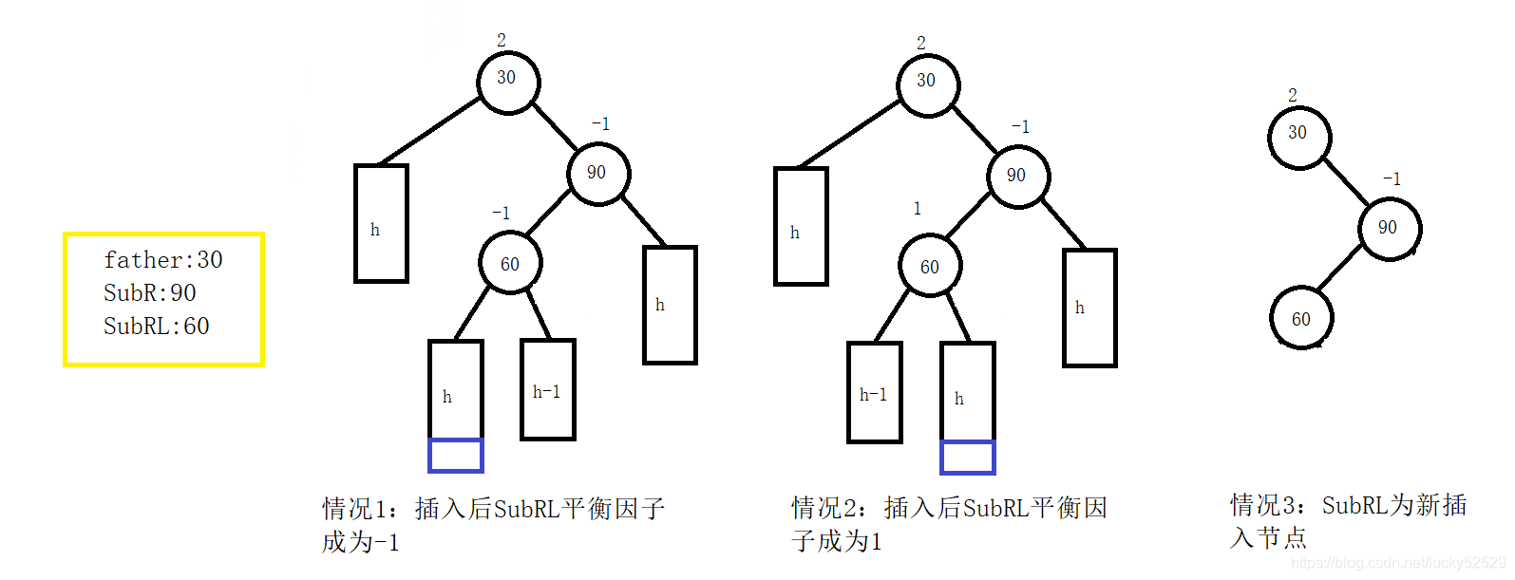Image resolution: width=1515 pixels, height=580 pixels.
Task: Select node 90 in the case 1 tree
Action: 597,173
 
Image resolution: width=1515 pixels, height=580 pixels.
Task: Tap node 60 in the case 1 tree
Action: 510,264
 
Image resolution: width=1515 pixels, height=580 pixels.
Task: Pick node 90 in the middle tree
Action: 1017,176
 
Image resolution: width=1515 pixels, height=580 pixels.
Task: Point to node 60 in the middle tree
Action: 930,267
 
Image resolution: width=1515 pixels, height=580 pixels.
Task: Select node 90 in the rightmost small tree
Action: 1389,228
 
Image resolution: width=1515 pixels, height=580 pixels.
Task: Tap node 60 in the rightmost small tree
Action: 1301,319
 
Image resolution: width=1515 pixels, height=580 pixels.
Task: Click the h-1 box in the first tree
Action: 548,390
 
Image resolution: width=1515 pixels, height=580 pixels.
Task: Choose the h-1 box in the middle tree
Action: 874,393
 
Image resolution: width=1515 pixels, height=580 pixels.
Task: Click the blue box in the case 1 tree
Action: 456,456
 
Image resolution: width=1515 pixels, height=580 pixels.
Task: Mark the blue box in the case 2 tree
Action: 967,458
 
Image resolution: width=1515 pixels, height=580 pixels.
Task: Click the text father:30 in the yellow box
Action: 163,260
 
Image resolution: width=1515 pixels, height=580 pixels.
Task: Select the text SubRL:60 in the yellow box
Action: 157,327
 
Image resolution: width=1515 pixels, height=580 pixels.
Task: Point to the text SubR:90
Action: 150,293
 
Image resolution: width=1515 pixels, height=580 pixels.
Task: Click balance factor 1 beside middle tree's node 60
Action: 917,209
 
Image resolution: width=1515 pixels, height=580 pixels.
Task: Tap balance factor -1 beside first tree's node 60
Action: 501,213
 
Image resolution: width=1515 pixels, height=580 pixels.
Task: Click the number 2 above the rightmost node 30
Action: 1292,96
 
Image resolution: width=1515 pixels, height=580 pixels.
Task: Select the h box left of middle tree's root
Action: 801,226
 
